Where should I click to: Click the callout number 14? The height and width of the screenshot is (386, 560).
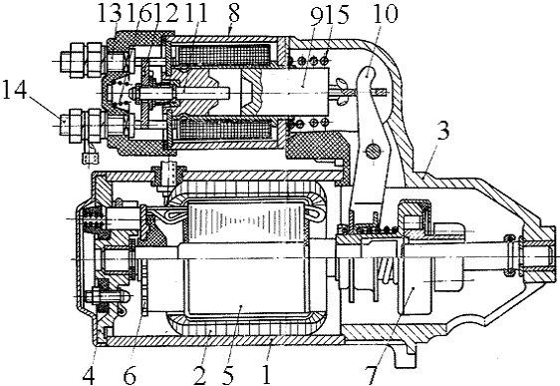coord(14,90)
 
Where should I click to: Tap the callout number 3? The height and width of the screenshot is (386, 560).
coord(443,132)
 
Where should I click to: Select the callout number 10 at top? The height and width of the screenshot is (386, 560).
coord(385,14)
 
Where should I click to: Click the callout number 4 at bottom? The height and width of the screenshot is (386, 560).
coord(89,375)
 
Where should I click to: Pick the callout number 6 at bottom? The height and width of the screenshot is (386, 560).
coord(130,375)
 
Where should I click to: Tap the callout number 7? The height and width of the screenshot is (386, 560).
coord(372,375)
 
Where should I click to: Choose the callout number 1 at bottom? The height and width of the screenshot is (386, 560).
coord(266,375)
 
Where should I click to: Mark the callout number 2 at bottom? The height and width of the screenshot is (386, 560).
coord(200,375)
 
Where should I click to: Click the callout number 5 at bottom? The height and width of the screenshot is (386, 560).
coord(227,375)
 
